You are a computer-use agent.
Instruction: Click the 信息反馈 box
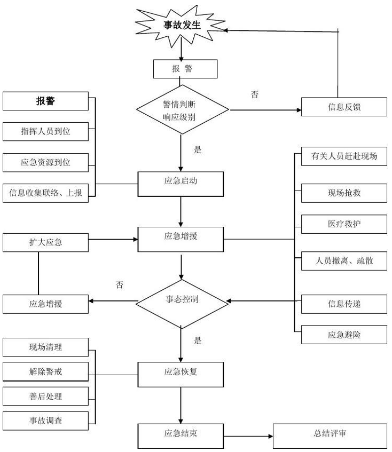[x=344, y=106]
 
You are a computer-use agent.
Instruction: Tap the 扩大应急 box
[x=45, y=242]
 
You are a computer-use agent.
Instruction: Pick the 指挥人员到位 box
[x=45, y=131]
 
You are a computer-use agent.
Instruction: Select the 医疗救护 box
[x=344, y=224]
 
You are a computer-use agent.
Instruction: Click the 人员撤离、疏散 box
[x=344, y=261]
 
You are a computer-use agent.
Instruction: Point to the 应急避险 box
[x=344, y=335]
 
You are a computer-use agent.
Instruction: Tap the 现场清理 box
[x=45, y=347]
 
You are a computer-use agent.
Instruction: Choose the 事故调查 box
[x=45, y=421]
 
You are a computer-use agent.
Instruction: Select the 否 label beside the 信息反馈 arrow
[x=255, y=94]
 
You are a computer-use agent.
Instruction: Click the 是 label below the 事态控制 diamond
[x=198, y=340]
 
